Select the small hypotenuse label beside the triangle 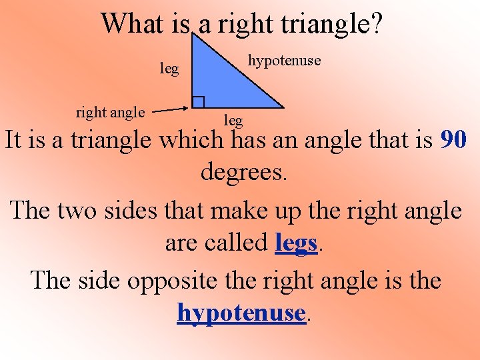(x=284, y=61)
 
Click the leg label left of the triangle (x=169, y=69)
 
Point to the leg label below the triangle (x=233, y=121)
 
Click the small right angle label (x=110, y=112)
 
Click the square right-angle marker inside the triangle (x=198, y=102)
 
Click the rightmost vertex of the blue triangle (x=283, y=107)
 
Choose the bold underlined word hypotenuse (x=241, y=312)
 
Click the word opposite (x=169, y=280)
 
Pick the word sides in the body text (x=141, y=211)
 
